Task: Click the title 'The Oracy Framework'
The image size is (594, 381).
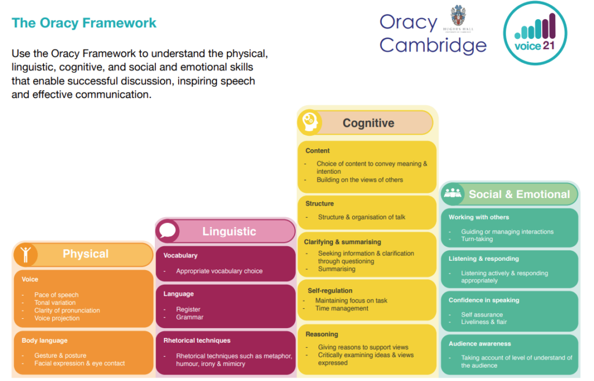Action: [x=84, y=23]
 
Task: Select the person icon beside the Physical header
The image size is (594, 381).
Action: [x=26, y=254]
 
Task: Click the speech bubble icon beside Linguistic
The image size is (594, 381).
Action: [x=168, y=231]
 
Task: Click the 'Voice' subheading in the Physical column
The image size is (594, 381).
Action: [x=30, y=279]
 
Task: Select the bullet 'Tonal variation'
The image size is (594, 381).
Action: [x=55, y=303]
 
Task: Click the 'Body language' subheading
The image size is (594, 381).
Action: [x=45, y=340]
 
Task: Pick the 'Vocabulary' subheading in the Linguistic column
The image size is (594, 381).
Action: [x=180, y=256]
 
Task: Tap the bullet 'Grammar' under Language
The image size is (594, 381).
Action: [x=190, y=317]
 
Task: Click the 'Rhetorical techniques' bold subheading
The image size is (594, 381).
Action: [x=197, y=340]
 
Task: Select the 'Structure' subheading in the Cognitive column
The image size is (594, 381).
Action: [x=320, y=204]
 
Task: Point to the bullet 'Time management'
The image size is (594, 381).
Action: [x=342, y=308]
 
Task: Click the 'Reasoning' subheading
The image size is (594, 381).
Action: [x=322, y=335]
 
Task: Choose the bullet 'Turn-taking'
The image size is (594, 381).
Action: [x=477, y=239]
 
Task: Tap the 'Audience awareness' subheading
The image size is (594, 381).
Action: [x=480, y=344]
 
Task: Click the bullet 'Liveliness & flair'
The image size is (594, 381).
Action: [x=484, y=322]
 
